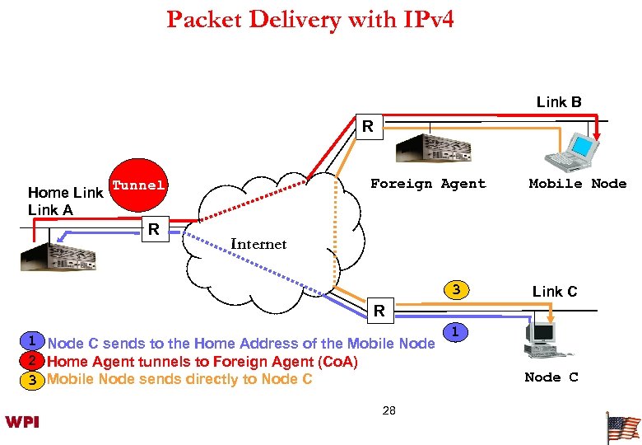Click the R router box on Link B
pos(368,128)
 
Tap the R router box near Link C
pos(380,311)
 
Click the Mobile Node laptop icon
pos(574,149)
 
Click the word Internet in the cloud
pos(258,244)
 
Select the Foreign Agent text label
pos(428,184)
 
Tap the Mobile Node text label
pos(577,184)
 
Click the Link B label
pos(559,102)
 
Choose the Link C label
pos(555,292)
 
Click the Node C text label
pos(551,377)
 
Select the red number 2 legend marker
pos(30,360)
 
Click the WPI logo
pos(23,423)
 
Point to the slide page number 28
pos(389,410)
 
